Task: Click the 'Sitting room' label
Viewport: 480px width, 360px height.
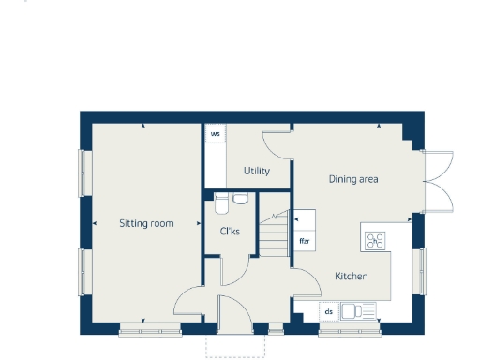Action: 147,223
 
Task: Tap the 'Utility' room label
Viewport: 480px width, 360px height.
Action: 257,171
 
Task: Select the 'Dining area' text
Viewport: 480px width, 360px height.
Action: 353,178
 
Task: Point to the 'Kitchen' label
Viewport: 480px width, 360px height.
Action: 352,277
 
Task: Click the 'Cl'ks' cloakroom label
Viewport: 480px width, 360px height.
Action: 230,231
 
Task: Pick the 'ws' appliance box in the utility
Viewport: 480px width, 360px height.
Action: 216,134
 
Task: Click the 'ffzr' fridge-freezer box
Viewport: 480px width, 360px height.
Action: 305,241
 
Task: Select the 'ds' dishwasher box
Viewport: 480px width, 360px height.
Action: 329,310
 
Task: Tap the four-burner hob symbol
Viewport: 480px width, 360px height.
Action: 376,240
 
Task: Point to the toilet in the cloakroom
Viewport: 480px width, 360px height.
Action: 222,199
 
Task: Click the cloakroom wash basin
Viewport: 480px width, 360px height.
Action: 241,198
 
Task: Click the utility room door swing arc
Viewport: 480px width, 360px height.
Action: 278,144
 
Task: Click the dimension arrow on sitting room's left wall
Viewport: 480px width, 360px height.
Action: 96,223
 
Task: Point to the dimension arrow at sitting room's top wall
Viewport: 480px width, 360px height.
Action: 142,126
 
